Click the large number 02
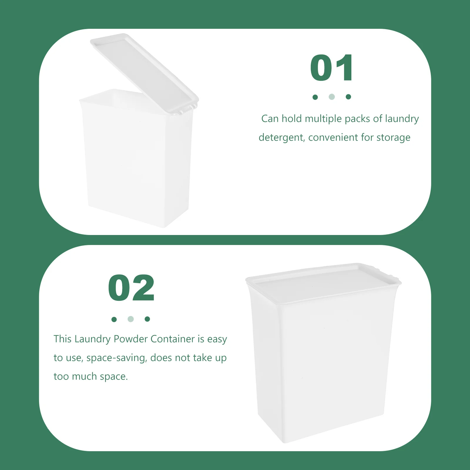tap(131, 288)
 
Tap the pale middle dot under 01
tap(332, 97)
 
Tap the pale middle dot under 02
tap(131, 319)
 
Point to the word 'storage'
tap(393, 137)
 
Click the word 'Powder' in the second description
tap(131, 339)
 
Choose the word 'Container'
tap(173, 339)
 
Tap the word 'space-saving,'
tap(117, 358)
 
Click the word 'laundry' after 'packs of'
tap(402, 119)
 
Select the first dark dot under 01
tap(315, 97)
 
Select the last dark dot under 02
tap(147, 319)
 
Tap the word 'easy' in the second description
tap(217, 339)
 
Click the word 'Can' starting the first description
tap(270, 119)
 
